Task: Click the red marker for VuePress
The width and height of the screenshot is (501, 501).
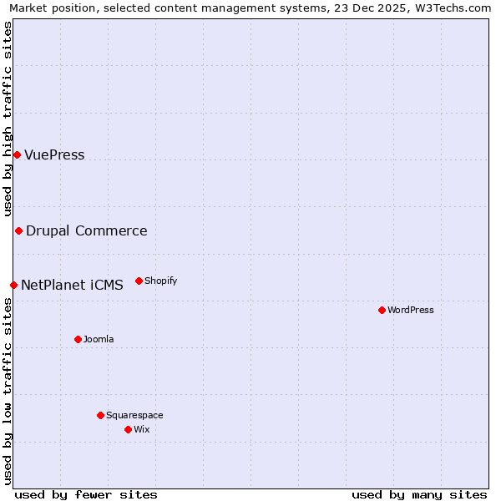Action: click(17, 154)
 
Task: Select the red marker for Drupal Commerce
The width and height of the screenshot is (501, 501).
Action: click(18, 230)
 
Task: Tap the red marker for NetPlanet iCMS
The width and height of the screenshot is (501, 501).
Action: click(13, 285)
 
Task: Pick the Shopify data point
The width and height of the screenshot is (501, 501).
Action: click(139, 281)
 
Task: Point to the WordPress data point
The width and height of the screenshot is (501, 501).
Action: click(382, 310)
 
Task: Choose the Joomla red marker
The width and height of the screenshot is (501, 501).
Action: click(78, 339)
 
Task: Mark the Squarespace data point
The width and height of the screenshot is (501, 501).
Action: click(100, 415)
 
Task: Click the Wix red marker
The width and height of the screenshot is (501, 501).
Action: click(128, 429)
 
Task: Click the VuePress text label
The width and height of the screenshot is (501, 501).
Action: click(54, 155)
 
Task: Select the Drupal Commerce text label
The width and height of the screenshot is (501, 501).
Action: click(86, 231)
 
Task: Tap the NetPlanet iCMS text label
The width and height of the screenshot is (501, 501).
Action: click(72, 286)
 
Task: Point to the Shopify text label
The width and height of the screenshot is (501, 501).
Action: click(160, 281)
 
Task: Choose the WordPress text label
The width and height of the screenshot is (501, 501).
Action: click(410, 311)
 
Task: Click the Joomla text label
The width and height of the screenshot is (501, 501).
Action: click(99, 340)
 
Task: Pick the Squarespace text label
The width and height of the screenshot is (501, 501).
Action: click(134, 416)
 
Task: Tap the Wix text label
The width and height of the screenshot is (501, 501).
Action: click(141, 430)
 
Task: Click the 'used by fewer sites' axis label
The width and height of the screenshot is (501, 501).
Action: click(86, 494)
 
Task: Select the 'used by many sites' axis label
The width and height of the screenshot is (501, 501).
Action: click(419, 494)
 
